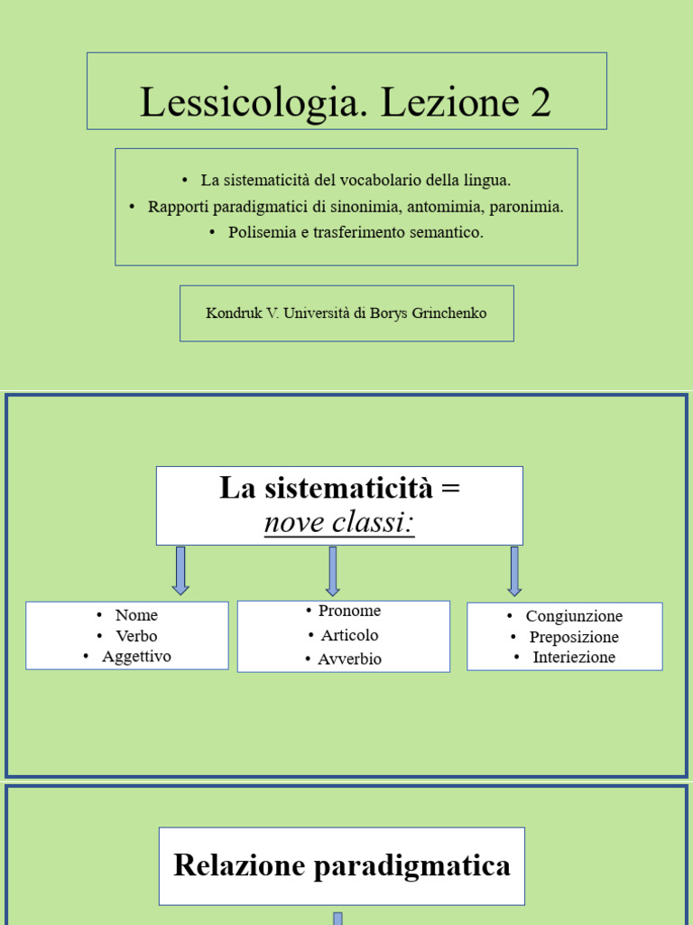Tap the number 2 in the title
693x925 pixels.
click(x=541, y=102)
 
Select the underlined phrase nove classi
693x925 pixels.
click(x=339, y=522)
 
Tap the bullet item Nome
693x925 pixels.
click(x=136, y=615)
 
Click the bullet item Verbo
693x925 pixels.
click(x=136, y=636)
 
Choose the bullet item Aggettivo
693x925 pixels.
click(x=136, y=657)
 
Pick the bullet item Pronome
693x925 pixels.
click(x=349, y=612)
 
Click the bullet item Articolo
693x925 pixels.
click(x=349, y=635)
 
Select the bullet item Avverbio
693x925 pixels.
click(x=349, y=659)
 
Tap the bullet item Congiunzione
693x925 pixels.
click(x=574, y=616)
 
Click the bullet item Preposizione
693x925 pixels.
click(x=574, y=637)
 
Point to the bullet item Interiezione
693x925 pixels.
click(x=574, y=658)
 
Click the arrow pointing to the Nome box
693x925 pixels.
click(x=180, y=570)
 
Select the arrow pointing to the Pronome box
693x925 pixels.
click(x=333, y=570)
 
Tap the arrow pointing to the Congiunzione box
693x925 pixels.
click(x=514, y=570)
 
